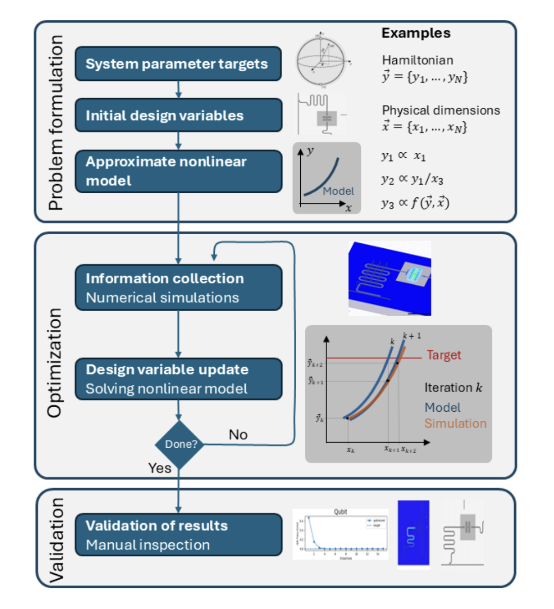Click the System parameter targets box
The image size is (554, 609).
[178, 64]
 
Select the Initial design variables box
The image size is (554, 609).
[178, 115]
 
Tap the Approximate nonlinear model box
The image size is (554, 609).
[178, 171]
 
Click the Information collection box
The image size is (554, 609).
[178, 287]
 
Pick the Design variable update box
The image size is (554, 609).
[178, 379]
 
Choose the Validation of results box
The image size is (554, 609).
[178, 535]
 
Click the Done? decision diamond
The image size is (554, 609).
[180, 444]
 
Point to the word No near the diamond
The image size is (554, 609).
[238, 434]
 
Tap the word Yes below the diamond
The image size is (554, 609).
[160, 468]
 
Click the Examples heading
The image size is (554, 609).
[415, 33]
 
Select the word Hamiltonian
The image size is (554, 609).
[418, 60]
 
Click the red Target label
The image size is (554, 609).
[444, 355]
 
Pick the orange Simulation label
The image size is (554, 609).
[455, 423]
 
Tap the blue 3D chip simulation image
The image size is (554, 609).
[390, 279]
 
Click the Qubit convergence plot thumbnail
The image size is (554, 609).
[340, 534]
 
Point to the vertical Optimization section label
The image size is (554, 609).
[55, 363]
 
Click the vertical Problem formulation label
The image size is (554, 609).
[56, 122]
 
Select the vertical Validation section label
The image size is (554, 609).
[56, 539]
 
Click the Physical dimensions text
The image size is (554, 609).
[441, 110]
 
